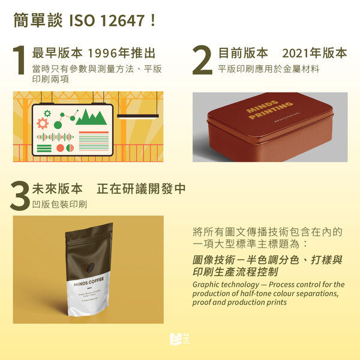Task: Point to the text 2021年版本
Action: pyautogui.click(x=314, y=53)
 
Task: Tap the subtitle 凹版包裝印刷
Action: pyautogui.click(x=59, y=204)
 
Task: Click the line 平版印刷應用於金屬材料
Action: pyautogui.click(x=268, y=68)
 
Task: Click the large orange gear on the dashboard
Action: pyautogui.click(x=43, y=124)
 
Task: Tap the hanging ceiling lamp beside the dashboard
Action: pyautogui.click(x=137, y=115)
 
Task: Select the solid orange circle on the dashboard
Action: pyautogui.click(x=59, y=148)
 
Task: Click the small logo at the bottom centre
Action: pyautogui.click(x=179, y=339)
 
